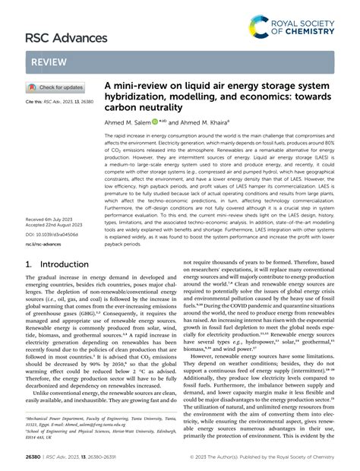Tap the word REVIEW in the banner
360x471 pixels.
[x=47, y=62]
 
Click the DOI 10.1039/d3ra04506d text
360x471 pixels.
[x=52, y=235]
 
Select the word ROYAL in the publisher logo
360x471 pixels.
[x=292, y=23]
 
